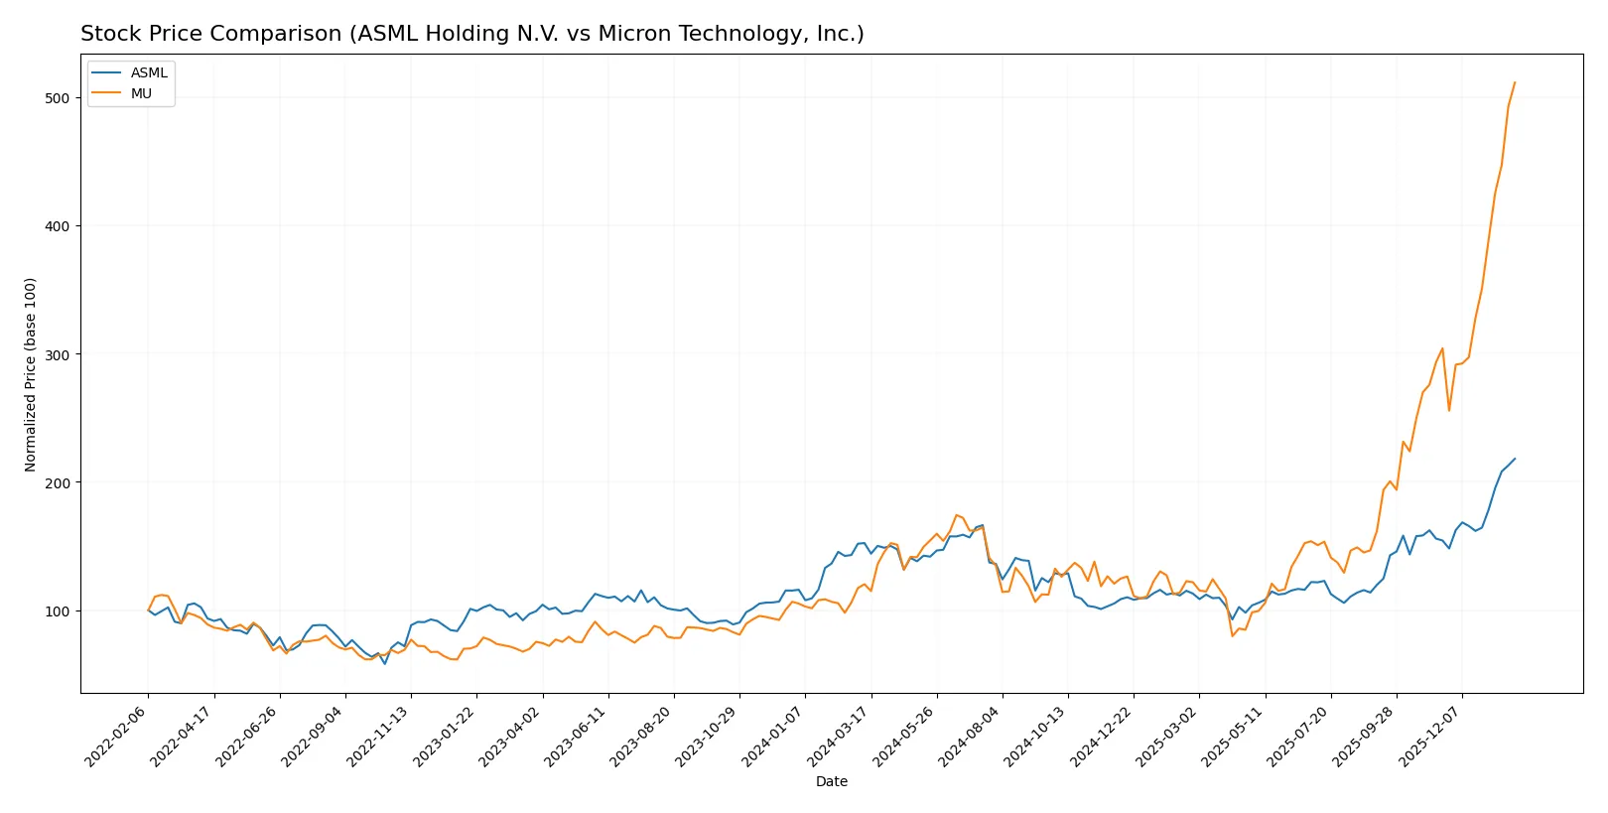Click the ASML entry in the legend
(x=149, y=72)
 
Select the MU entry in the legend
(x=141, y=93)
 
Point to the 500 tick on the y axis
(x=57, y=97)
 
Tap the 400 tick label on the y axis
(x=57, y=226)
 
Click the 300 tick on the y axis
(x=57, y=354)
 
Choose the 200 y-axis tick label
(x=57, y=482)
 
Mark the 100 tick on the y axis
(x=57, y=610)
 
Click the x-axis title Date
(x=831, y=781)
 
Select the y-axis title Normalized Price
(x=30, y=374)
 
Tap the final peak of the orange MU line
(x=1515, y=82)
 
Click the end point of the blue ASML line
(x=1515, y=459)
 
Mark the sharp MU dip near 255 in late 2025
(x=1449, y=410)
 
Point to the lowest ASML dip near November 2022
(x=385, y=663)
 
